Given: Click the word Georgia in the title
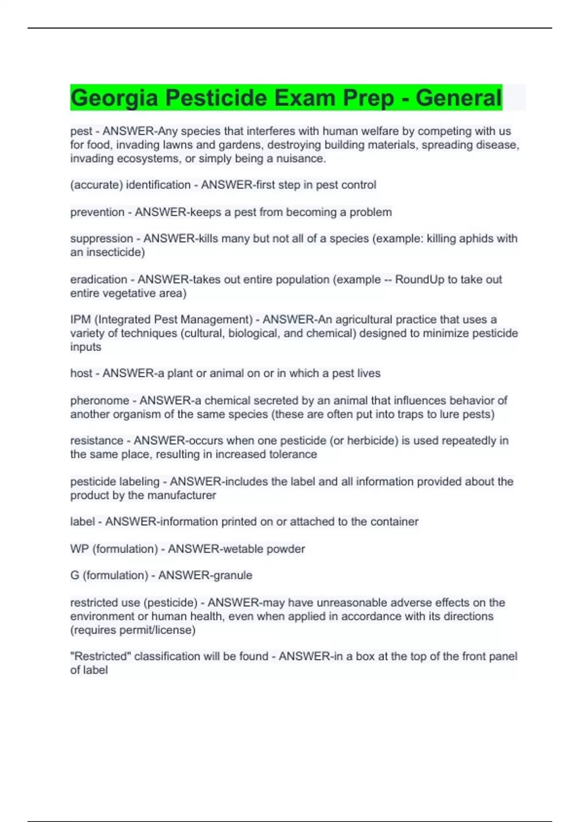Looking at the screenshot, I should [x=114, y=98].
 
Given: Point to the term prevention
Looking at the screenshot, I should [x=97, y=212].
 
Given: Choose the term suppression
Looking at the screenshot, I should [x=101, y=238].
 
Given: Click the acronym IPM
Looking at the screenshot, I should [x=80, y=320].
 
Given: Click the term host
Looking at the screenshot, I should [x=81, y=373].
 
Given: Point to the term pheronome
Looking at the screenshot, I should [x=100, y=400].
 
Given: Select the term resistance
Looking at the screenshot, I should [x=97, y=440].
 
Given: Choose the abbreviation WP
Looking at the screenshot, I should [x=79, y=549].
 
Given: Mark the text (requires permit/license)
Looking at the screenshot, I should [x=133, y=630].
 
